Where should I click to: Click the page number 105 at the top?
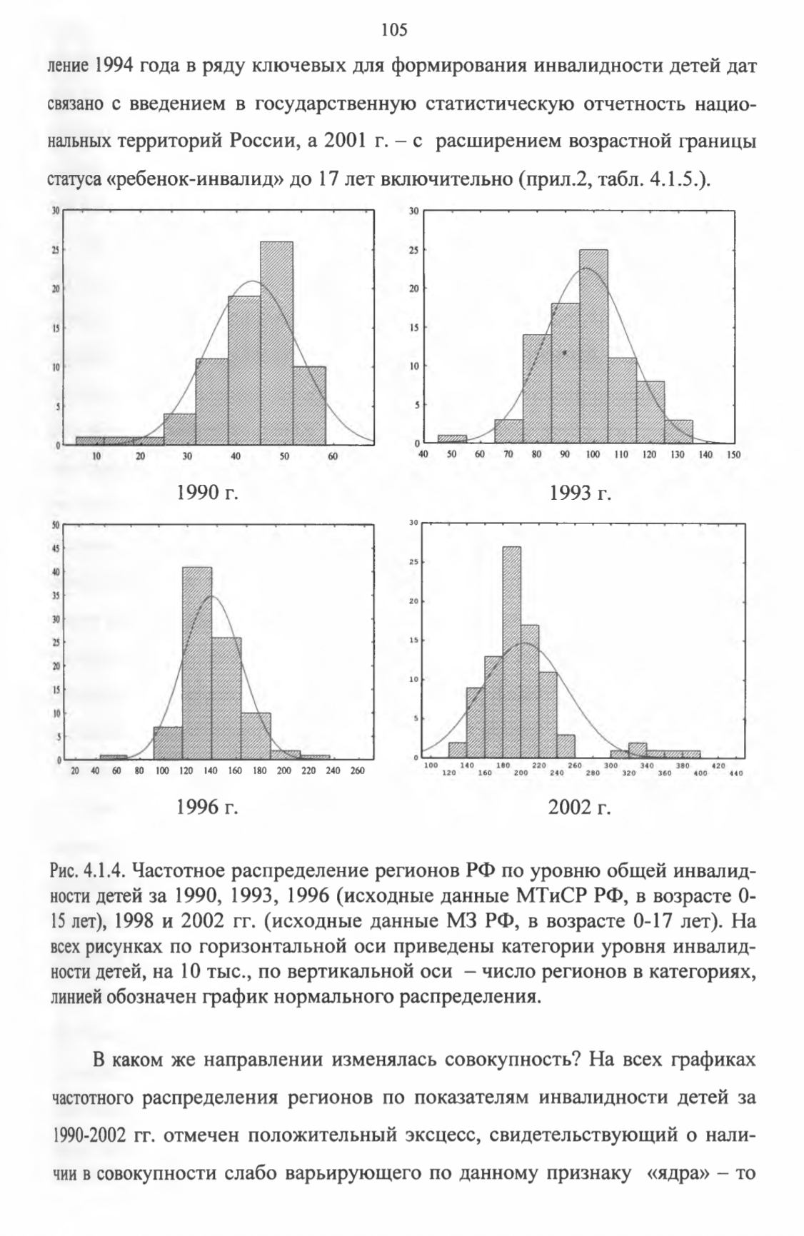point(393,29)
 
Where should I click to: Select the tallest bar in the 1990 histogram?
point(276,343)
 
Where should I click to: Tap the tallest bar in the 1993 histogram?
point(593,346)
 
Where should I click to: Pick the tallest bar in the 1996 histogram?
point(197,663)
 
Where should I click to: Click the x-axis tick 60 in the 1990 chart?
point(331,456)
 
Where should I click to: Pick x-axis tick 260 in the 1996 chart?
point(358,770)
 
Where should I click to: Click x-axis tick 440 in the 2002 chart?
point(736,773)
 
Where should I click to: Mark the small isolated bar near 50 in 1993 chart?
point(452,439)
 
